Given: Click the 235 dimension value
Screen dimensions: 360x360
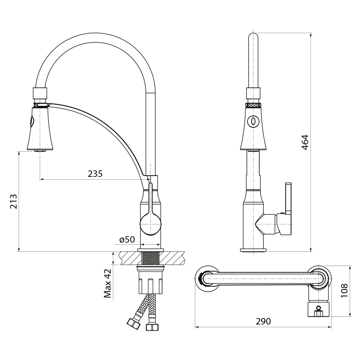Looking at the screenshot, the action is point(95,174).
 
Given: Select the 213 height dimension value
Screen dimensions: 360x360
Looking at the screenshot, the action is point(14,201).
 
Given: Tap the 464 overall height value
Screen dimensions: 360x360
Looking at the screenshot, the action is point(305,142).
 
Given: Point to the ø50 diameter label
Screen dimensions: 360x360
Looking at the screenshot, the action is point(127,240).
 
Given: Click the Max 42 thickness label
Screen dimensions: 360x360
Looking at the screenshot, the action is point(108,283).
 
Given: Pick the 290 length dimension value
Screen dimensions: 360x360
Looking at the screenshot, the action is point(263,321).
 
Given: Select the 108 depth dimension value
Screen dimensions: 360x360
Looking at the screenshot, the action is point(344,291).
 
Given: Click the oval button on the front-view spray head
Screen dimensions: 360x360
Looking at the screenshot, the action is point(253,121).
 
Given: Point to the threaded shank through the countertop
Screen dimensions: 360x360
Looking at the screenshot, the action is point(150,258).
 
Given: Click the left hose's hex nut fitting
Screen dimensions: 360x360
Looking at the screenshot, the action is point(133,324).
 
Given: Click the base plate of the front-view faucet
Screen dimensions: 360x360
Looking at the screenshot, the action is point(253,250).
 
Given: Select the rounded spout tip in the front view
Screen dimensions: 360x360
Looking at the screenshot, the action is point(253,36).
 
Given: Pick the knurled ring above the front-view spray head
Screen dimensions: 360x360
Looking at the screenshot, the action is point(253,105).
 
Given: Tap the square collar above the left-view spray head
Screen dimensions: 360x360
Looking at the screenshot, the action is point(40,93).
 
